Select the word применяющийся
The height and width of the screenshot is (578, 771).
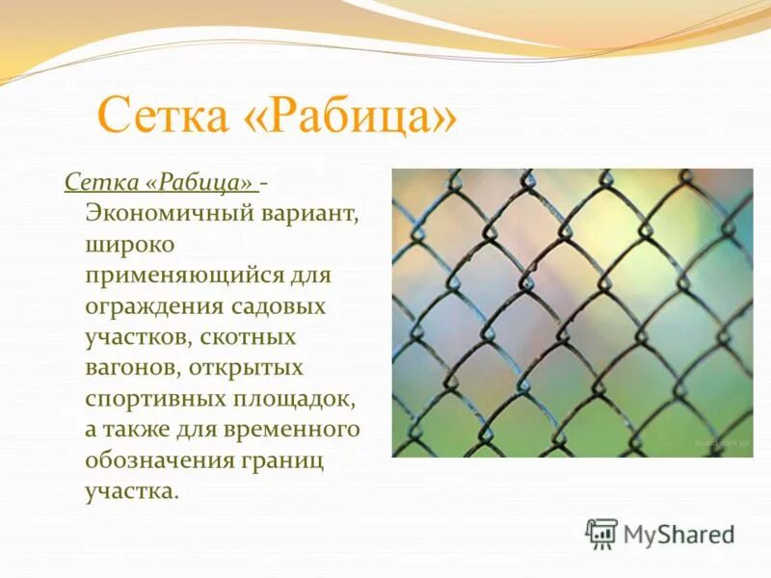click(x=185, y=276)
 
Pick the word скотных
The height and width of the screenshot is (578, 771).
click(x=253, y=337)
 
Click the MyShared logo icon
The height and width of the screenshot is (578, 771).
click(x=601, y=534)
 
